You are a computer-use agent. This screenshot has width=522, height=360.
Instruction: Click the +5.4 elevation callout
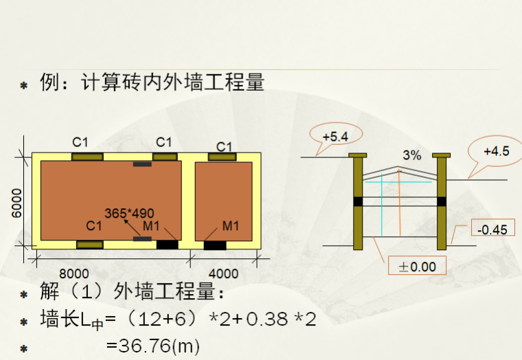click(334, 136)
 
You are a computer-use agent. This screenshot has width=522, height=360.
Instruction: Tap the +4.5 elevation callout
click(496, 151)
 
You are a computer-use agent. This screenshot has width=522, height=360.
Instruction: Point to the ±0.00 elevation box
click(417, 266)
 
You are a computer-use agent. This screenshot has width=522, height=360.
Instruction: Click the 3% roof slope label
click(412, 155)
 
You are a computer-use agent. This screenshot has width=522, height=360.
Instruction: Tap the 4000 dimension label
click(223, 273)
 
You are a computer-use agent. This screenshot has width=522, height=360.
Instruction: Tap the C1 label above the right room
click(225, 146)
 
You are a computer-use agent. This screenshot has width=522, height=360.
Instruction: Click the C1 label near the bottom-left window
click(94, 225)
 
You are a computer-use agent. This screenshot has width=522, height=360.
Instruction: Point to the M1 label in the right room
click(230, 226)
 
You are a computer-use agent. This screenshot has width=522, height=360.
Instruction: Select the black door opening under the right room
click(214, 245)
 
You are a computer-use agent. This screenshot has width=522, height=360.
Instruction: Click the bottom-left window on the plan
click(89, 245)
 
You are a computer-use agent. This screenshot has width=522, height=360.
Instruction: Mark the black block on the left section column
click(357, 201)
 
